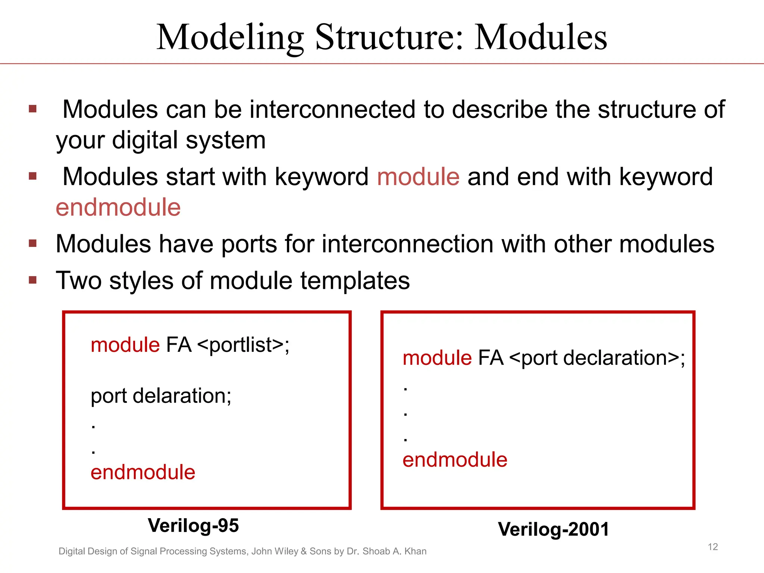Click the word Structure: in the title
click(x=389, y=37)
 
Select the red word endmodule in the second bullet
click(x=118, y=207)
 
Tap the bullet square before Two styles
click(x=33, y=280)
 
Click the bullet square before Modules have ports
click(x=33, y=244)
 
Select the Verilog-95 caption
click(x=193, y=526)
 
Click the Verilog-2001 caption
click(x=553, y=529)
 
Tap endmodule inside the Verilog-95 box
click(x=143, y=472)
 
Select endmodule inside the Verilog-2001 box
click(x=455, y=460)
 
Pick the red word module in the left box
click(x=125, y=345)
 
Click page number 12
click(x=713, y=547)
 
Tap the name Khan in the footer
click(x=415, y=551)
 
